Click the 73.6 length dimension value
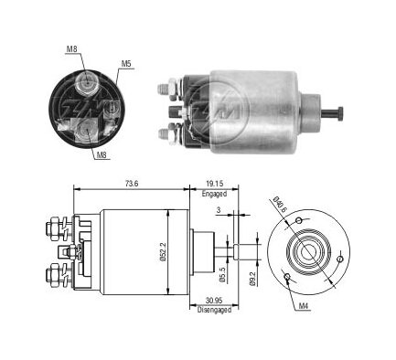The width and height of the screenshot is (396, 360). tap(132, 184)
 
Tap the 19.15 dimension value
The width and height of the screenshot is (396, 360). tap(214, 184)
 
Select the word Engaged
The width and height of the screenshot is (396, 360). tap(214, 194)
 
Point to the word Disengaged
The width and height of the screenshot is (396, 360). tap(214, 310)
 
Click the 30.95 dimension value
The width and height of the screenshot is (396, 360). tap(214, 301)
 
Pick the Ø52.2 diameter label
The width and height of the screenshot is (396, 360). tap(162, 252)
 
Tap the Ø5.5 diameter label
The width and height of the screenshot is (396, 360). tap(222, 274)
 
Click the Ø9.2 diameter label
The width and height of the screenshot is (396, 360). tap(252, 278)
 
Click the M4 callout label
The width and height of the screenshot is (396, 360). tap(303, 307)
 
